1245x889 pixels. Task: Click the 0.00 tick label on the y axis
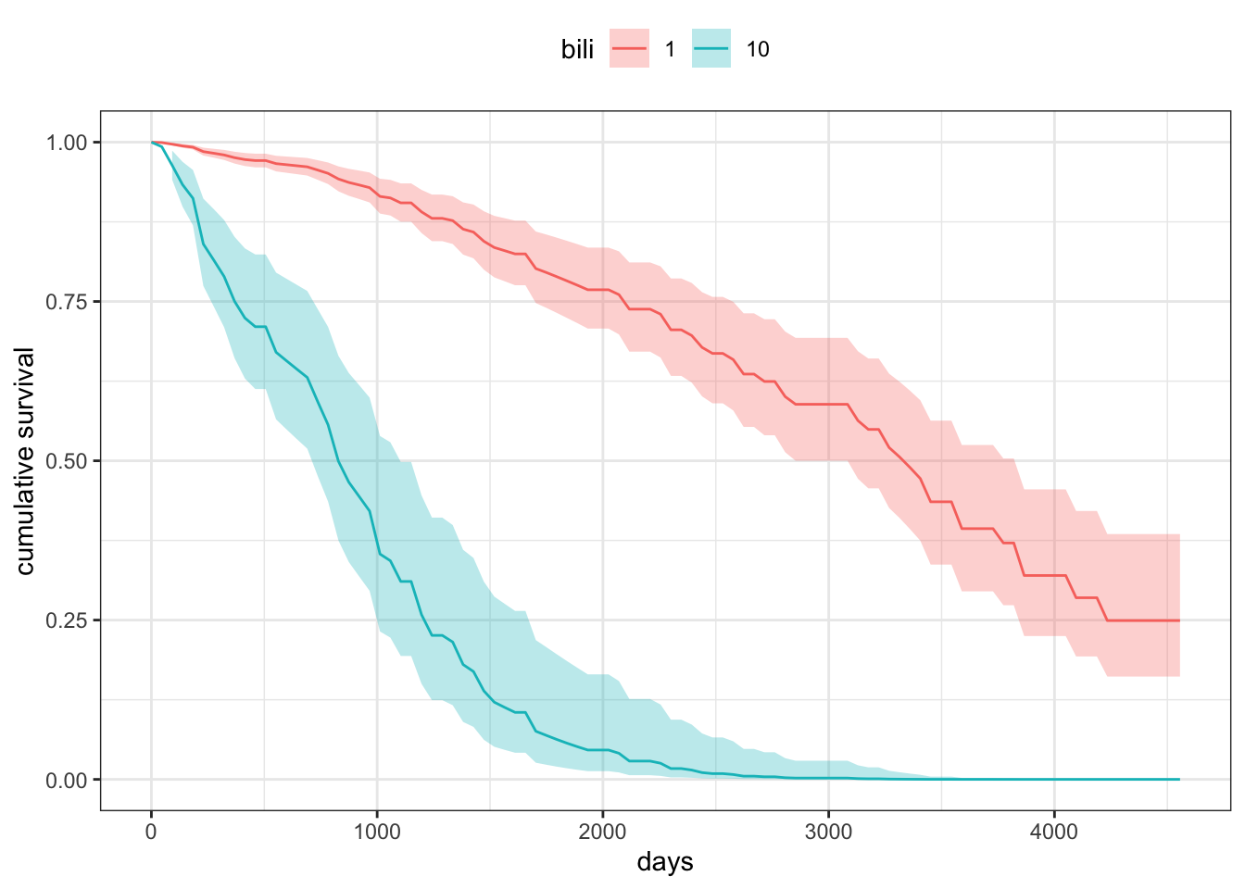pyautogui.click(x=67, y=780)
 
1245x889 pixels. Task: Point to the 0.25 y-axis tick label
pyautogui.click(x=67, y=620)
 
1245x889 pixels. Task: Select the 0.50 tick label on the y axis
pyautogui.click(x=67, y=461)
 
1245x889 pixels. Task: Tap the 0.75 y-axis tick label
pyautogui.click(x=67, y=302)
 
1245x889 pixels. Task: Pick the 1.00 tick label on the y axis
pyautogui.click(x=67, y=143)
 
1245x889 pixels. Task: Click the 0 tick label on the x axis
pyautogui.click(x=152, y=832)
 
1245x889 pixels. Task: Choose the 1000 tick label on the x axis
pyautogui.click(x=377, y=832)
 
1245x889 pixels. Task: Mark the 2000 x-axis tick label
pyautogui.click(x=603, y=832)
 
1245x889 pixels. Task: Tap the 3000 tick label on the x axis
pyautogui.click(x=828, y=832)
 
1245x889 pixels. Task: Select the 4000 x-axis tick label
pyautogui.click(x=1054, y=832)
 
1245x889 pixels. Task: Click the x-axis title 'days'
pyautogui.click(x=665, y=863)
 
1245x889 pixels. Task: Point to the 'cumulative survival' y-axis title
pyautogui.click(x=25, y=461)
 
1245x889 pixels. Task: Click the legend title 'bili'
pyautogui.click(x=577, y=50)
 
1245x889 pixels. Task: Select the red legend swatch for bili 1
pyautogui.click(x=629, y=49)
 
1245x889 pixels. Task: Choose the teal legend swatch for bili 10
pyautogui.click(x=711, y=49)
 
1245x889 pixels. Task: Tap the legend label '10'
pyautogui.click(x=758, y=50)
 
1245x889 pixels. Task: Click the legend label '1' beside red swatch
pyautogui.click(x=670, y=50)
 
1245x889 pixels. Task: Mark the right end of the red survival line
pyautogui.click(x=1179, y=620)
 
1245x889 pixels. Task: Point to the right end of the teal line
pyautogui.click(x=1179, y=780)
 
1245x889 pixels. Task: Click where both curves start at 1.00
pyautogui.click(x=152, y=143)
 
